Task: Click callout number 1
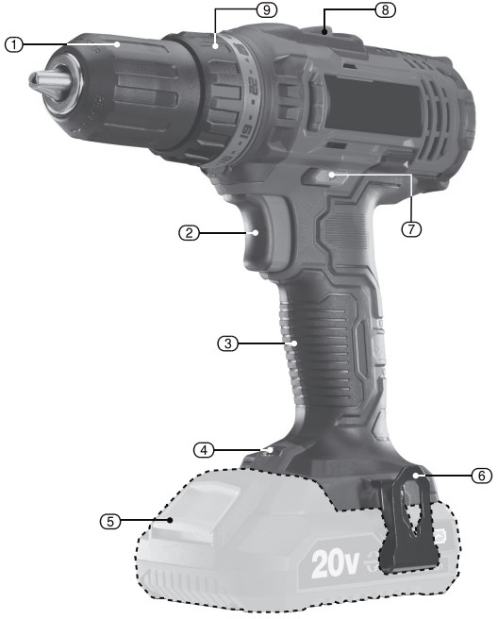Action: point(14,44)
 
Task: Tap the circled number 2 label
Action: point(189,233)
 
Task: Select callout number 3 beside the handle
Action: point(227,343)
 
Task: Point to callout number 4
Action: point(204,450)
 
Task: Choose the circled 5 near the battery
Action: point(110,521)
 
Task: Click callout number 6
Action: point(482,476)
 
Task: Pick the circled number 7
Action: point(411,229)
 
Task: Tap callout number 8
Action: point(385,9)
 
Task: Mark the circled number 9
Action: point(267,9)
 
